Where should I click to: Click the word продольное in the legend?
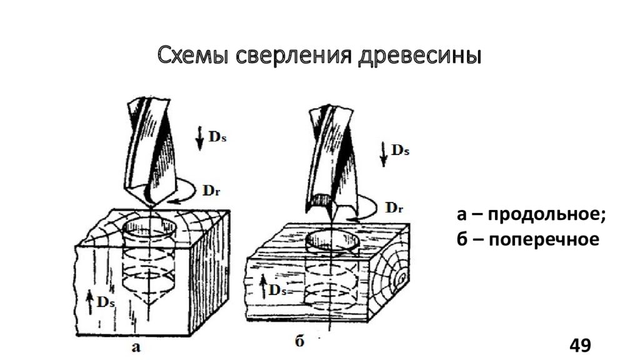pyautogui.click(x=547, y=216)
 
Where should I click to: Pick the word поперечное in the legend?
pyautogui.click(x=544, y=239)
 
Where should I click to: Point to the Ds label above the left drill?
pyautogui.click(x=216, y=136)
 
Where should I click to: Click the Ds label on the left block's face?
pyautogui.click(x=105, y=301)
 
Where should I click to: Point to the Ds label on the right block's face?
pyautogui.click(x=277, y=289)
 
